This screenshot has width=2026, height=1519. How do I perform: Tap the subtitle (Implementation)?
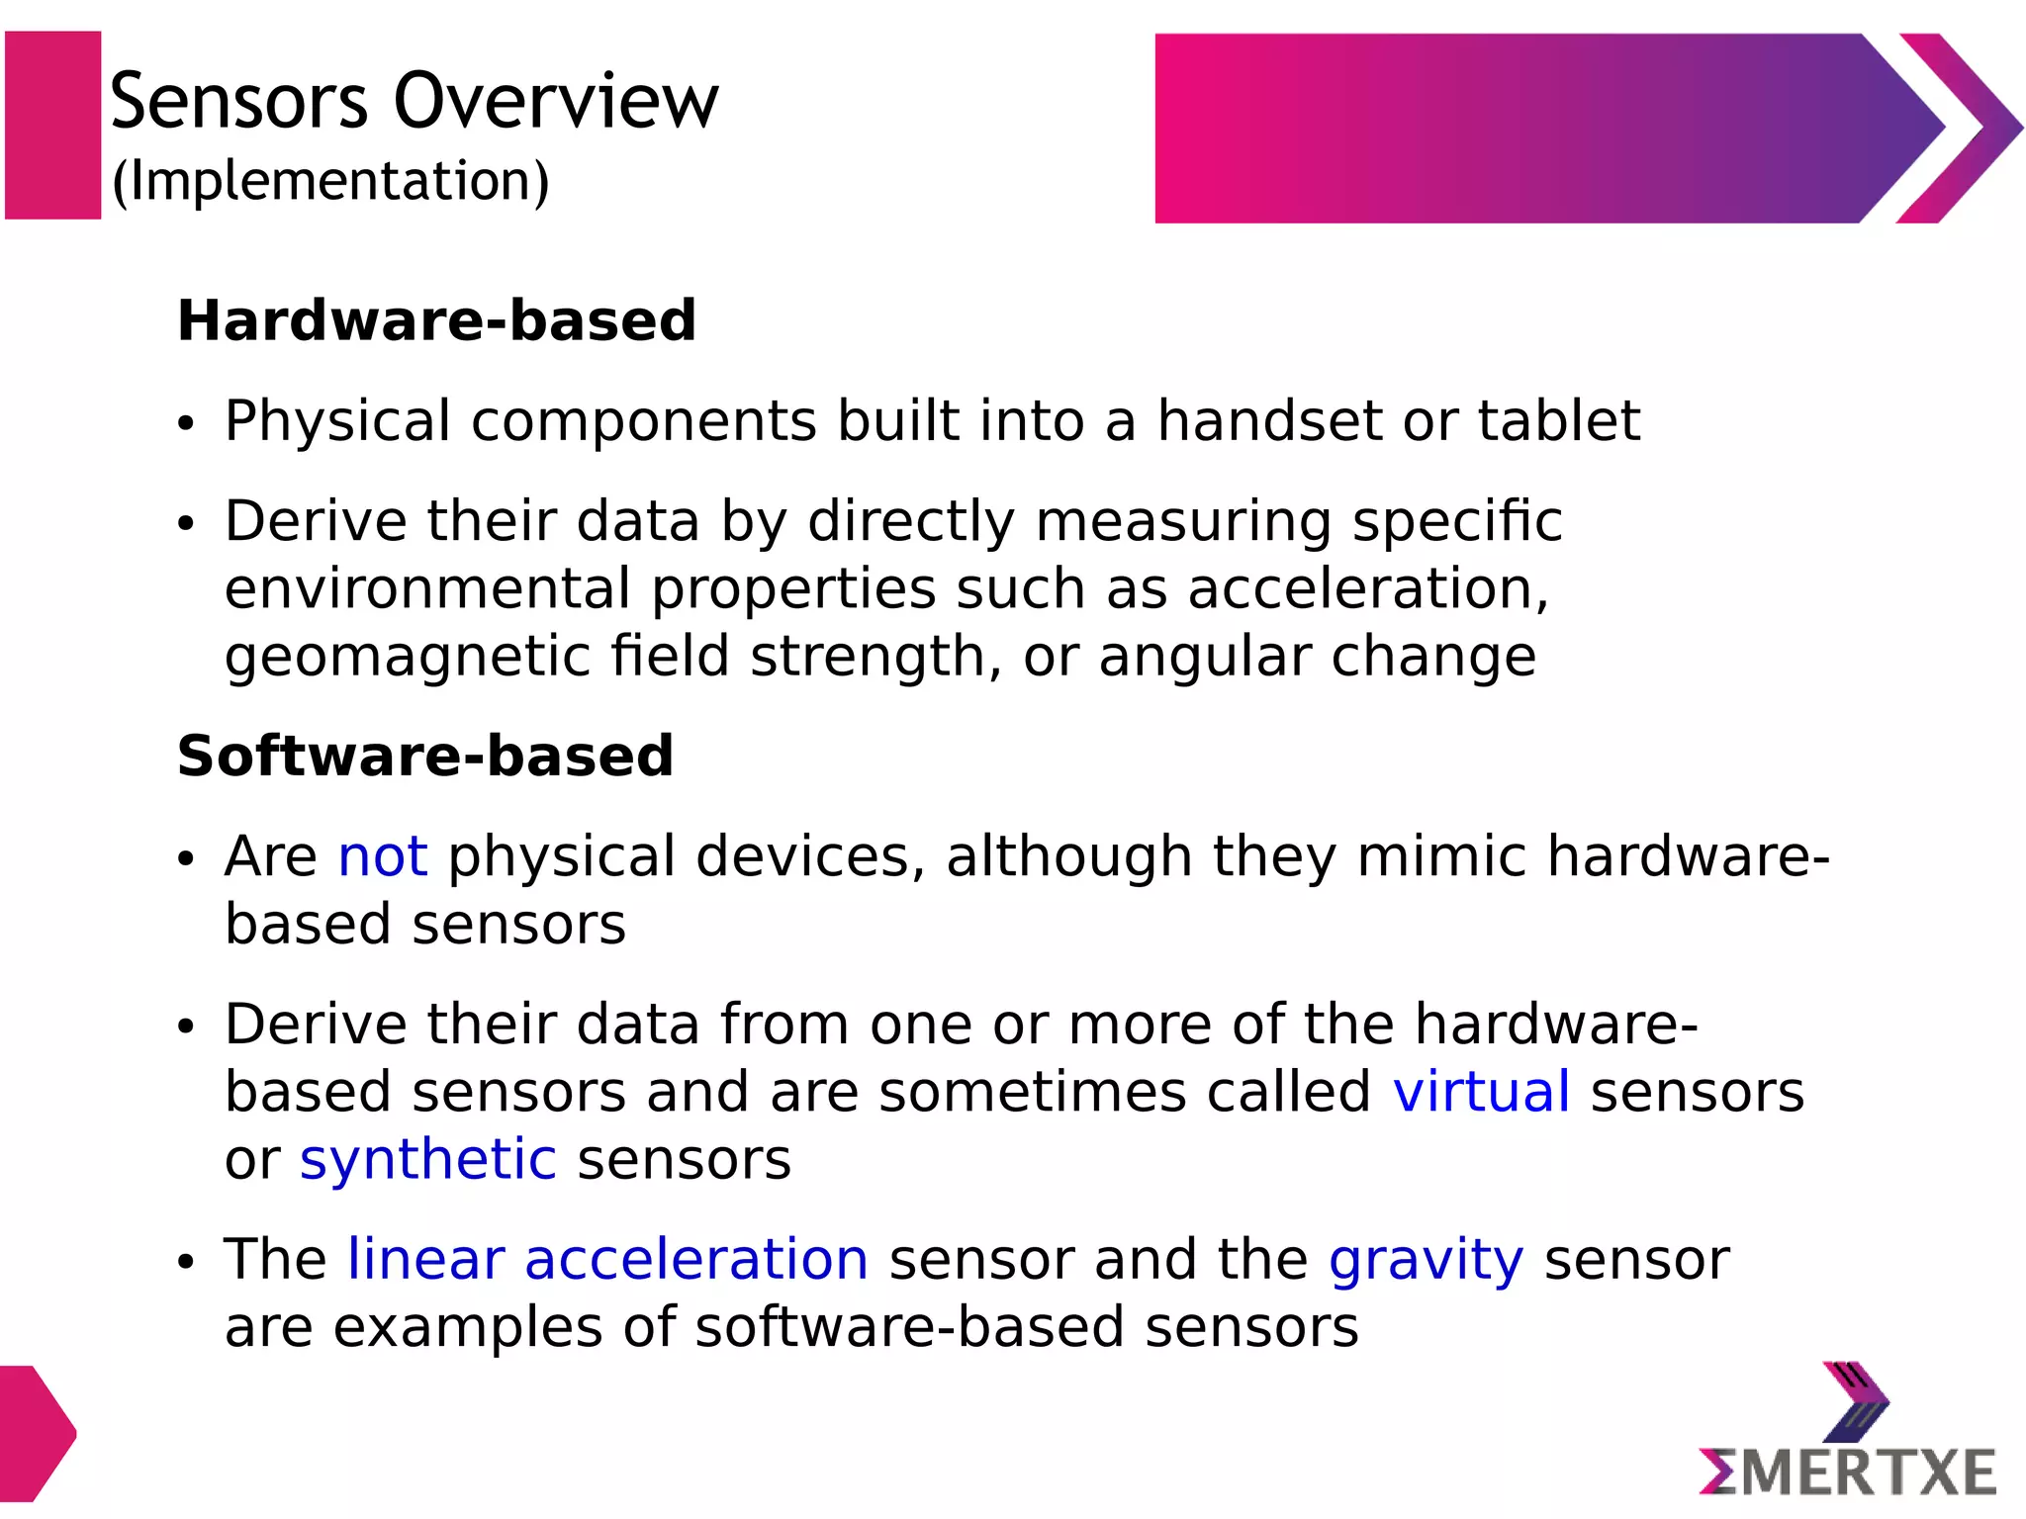(330, 182)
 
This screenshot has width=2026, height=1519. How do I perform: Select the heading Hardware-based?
(436, 320)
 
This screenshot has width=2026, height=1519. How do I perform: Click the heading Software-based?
(425, 756)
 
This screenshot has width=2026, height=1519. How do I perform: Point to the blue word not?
(383, 856)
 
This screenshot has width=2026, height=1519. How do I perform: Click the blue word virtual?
(1481, 1092)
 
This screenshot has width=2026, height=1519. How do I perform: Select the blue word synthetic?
(427, 1159)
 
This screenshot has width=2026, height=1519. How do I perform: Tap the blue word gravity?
(1426, 1261)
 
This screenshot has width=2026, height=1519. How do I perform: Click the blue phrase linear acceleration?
(607, 1260)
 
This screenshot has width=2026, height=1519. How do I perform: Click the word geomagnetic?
(407, 658)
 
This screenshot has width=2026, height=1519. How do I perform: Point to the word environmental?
(426, 589)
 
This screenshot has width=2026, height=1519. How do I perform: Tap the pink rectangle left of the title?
(52, 125)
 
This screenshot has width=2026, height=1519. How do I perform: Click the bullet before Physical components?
(186, 425)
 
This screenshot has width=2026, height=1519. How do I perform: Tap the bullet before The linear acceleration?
(186, 1263)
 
